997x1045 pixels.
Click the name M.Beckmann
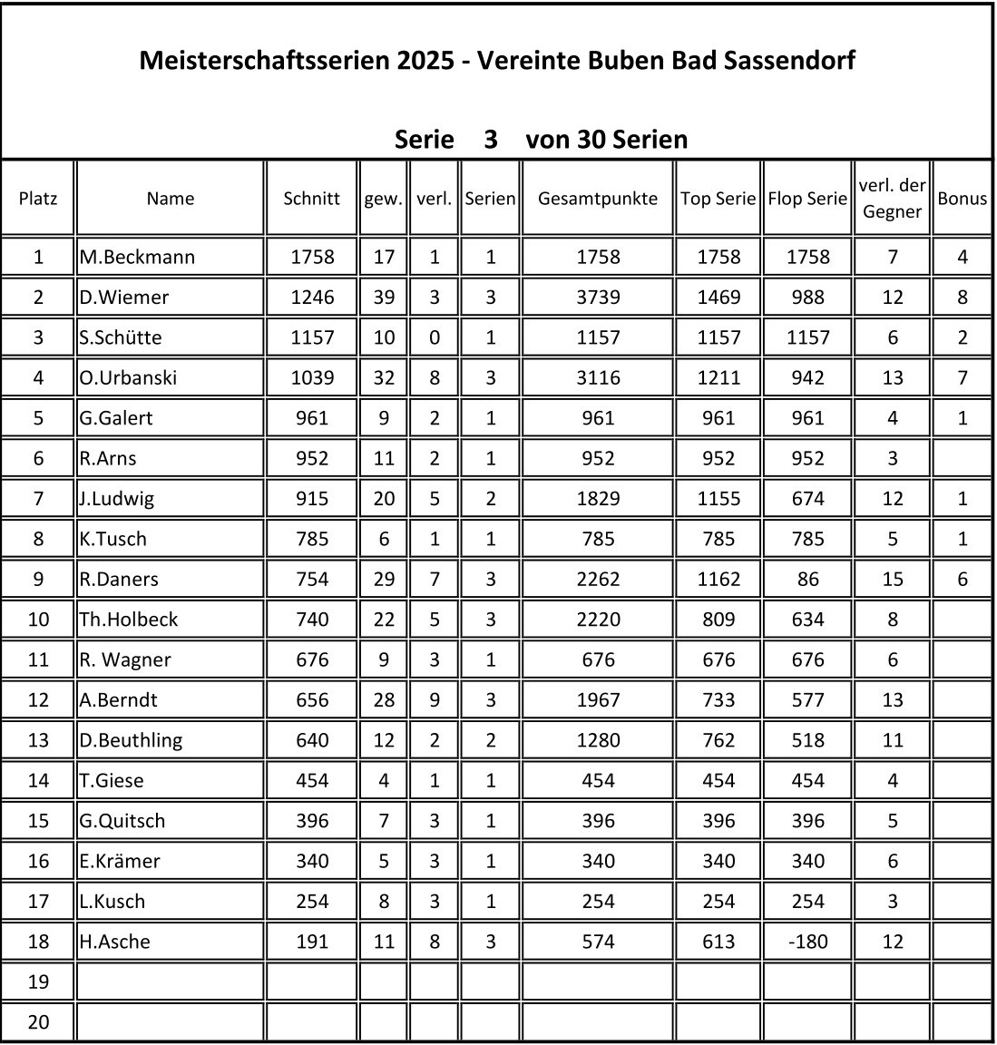[x=137, y=257]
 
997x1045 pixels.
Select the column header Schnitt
[x=311, y=198]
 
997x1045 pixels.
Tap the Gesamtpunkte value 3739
[x=598, y=297]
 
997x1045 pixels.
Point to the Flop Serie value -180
[x=807, y=941]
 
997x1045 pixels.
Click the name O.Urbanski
[x=128, y=377]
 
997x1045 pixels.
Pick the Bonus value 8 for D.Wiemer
[x=962, y=297]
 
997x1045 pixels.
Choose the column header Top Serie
[x=718, y=198]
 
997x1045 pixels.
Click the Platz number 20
[x=38, y=1021]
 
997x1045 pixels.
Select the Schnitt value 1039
[x=311, y=377]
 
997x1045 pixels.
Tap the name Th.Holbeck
[x=129, y=619]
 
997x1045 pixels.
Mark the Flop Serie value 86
[x=807, y=579]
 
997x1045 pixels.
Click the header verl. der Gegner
[x=892, y=198]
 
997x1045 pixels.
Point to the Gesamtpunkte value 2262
[x=598, y=579]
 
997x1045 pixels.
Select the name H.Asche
[x=114, y=941]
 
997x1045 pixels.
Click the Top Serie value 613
[x=718, y=941]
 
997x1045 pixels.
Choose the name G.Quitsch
[x=122, y=820]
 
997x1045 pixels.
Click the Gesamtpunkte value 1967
[x=598, y=699]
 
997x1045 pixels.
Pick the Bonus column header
[x=962, y=198]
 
